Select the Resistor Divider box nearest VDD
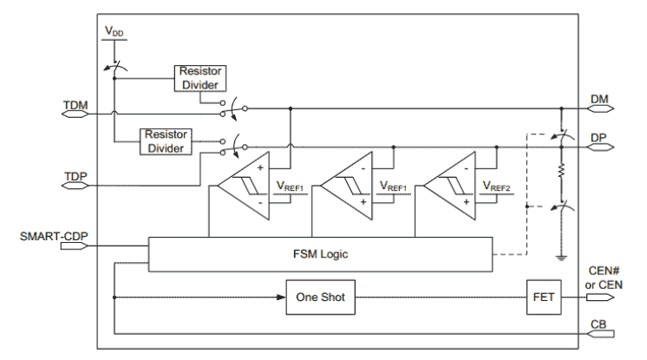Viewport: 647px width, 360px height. (200, 77)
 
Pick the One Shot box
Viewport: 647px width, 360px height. (320, 298)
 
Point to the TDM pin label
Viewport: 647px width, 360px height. (75, 104)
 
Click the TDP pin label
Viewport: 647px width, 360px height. (75, 177)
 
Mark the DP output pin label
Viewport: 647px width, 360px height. (601, 136)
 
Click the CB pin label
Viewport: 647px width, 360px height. (599, 323)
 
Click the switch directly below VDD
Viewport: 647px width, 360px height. (114, 65)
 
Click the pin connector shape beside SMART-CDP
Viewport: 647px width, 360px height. (75, 246)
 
